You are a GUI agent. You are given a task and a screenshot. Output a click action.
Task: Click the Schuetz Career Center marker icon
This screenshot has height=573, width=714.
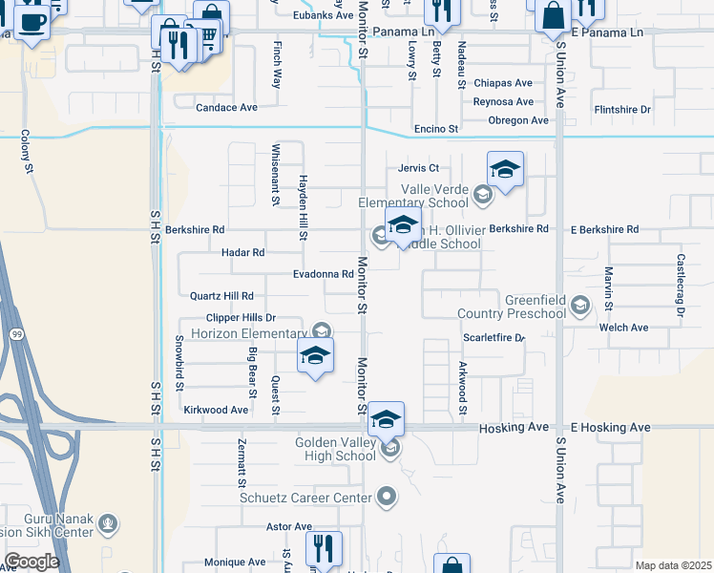tap(387, 497)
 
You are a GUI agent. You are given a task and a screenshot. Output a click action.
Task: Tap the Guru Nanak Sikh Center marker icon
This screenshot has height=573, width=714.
tap(108, 523)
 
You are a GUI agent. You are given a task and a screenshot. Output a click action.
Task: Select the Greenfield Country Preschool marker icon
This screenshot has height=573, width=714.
tap(578, 306)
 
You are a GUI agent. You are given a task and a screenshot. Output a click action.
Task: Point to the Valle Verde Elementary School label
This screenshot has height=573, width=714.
tap(413, 196)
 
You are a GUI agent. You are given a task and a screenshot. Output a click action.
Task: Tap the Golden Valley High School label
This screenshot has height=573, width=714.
tap(328, 449)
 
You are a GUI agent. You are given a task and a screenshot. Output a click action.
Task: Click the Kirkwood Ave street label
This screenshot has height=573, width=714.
tap(216, 410)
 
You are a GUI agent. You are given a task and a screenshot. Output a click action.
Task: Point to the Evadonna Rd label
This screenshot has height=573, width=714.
tap(324, 274)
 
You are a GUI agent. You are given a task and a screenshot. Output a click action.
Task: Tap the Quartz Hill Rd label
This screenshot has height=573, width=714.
tap(222, 297)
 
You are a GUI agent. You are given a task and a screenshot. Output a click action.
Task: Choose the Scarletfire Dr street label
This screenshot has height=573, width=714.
tap(494, 338)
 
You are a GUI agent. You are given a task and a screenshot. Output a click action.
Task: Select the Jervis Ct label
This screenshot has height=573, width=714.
tap(418, 169)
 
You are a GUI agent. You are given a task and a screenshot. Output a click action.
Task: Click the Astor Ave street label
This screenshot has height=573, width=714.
tap(289, 526)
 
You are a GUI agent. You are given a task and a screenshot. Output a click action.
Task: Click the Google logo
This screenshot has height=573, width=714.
tap(32, 562)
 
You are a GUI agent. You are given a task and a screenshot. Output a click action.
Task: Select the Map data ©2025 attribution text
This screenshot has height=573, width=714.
tap(672, 565)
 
